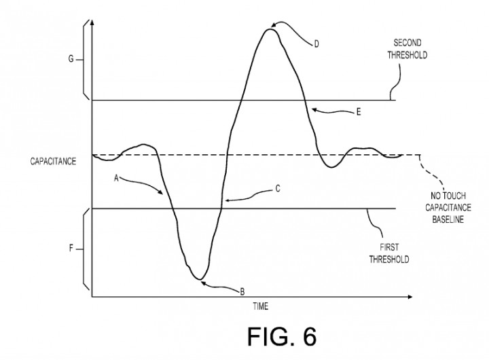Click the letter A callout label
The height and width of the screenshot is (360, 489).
[x=116, y=178]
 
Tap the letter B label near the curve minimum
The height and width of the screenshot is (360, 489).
[x=242, y=291]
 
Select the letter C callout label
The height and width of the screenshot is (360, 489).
[x=278, y=189]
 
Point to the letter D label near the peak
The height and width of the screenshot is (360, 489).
[x=316, y=44]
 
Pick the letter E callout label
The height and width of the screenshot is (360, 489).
[x=359, y=112]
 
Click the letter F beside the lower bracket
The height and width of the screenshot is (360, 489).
[x=71, y=249]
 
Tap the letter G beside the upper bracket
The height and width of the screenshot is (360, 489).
[x=71, y=58]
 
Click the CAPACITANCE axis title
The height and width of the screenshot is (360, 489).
[x=53, y=161]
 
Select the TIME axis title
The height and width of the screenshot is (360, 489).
[x=260, y=306]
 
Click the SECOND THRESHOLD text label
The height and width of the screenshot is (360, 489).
[x=407, y=49]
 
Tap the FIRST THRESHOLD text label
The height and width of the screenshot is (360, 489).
[x=389, y=253]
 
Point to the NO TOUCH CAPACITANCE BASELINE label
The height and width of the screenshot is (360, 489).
[x=448, y=207]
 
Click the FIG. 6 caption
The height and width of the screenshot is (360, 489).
[x=282, y=337]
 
